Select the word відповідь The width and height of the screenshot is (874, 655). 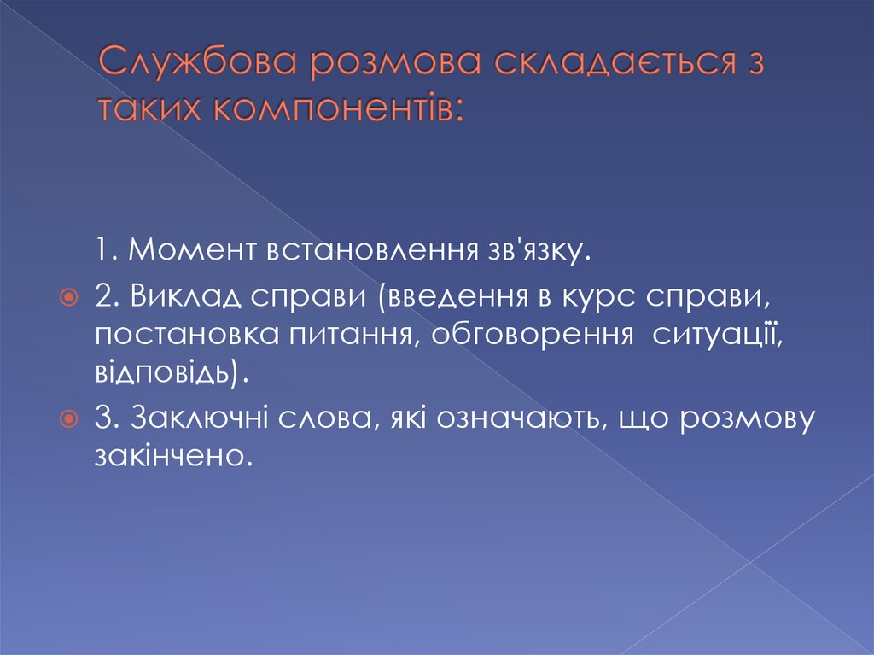pyautogui.click(x=171, y=373)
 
